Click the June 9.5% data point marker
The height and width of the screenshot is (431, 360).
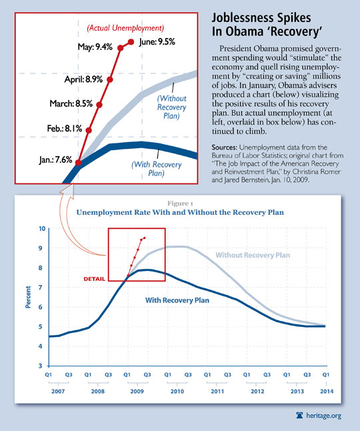click(131, 42)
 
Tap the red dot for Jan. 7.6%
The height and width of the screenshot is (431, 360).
click(78, 163)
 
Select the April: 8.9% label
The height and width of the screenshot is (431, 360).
click(83, 79)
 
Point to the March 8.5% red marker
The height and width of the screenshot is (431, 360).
click(99, 105)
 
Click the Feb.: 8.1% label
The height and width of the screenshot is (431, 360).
click(65, 128)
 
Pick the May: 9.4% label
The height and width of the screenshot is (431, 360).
click(95, 47)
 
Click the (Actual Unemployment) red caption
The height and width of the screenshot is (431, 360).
click(125, 28)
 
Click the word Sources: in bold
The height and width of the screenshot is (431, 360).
click(223, 147)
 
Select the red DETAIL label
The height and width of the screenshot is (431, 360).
click(95, 279)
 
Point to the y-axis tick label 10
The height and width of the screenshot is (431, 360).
click(42, 228)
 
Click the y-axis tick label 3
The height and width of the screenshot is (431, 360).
click(41, 366)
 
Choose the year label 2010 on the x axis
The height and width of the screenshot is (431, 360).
click(177, 391)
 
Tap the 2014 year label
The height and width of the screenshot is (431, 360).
click(327, 391)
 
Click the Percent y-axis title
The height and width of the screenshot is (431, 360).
click(28, 297)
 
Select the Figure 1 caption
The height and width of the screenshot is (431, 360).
click(180, 203)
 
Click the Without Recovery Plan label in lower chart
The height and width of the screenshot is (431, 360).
click(253, 255)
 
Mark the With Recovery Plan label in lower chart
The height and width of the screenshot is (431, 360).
click(177, 300)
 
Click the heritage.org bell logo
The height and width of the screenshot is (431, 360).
click(299, 416)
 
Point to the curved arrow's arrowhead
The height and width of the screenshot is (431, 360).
click(67, 191)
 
